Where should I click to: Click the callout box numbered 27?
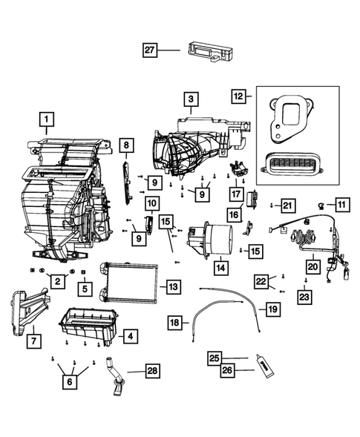pyautogui.click(x=151, y=50)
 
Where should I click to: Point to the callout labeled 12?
pyautogui.click(x=238, y=96)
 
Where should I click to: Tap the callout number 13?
pyautogui.click(x=172, y=286)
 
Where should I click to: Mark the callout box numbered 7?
pyautogui.click(x=32, y=342)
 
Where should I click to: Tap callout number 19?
pyautogui.click(x=273, y=308)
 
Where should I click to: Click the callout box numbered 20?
pyautogui.click(x=312, y=264)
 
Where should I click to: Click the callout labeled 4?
pyautogui.click(x=129, y=336)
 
